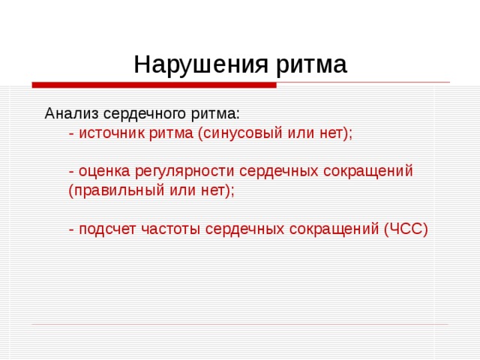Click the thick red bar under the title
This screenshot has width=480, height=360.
point(154,85)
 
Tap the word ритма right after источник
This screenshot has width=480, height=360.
point(172,133)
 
